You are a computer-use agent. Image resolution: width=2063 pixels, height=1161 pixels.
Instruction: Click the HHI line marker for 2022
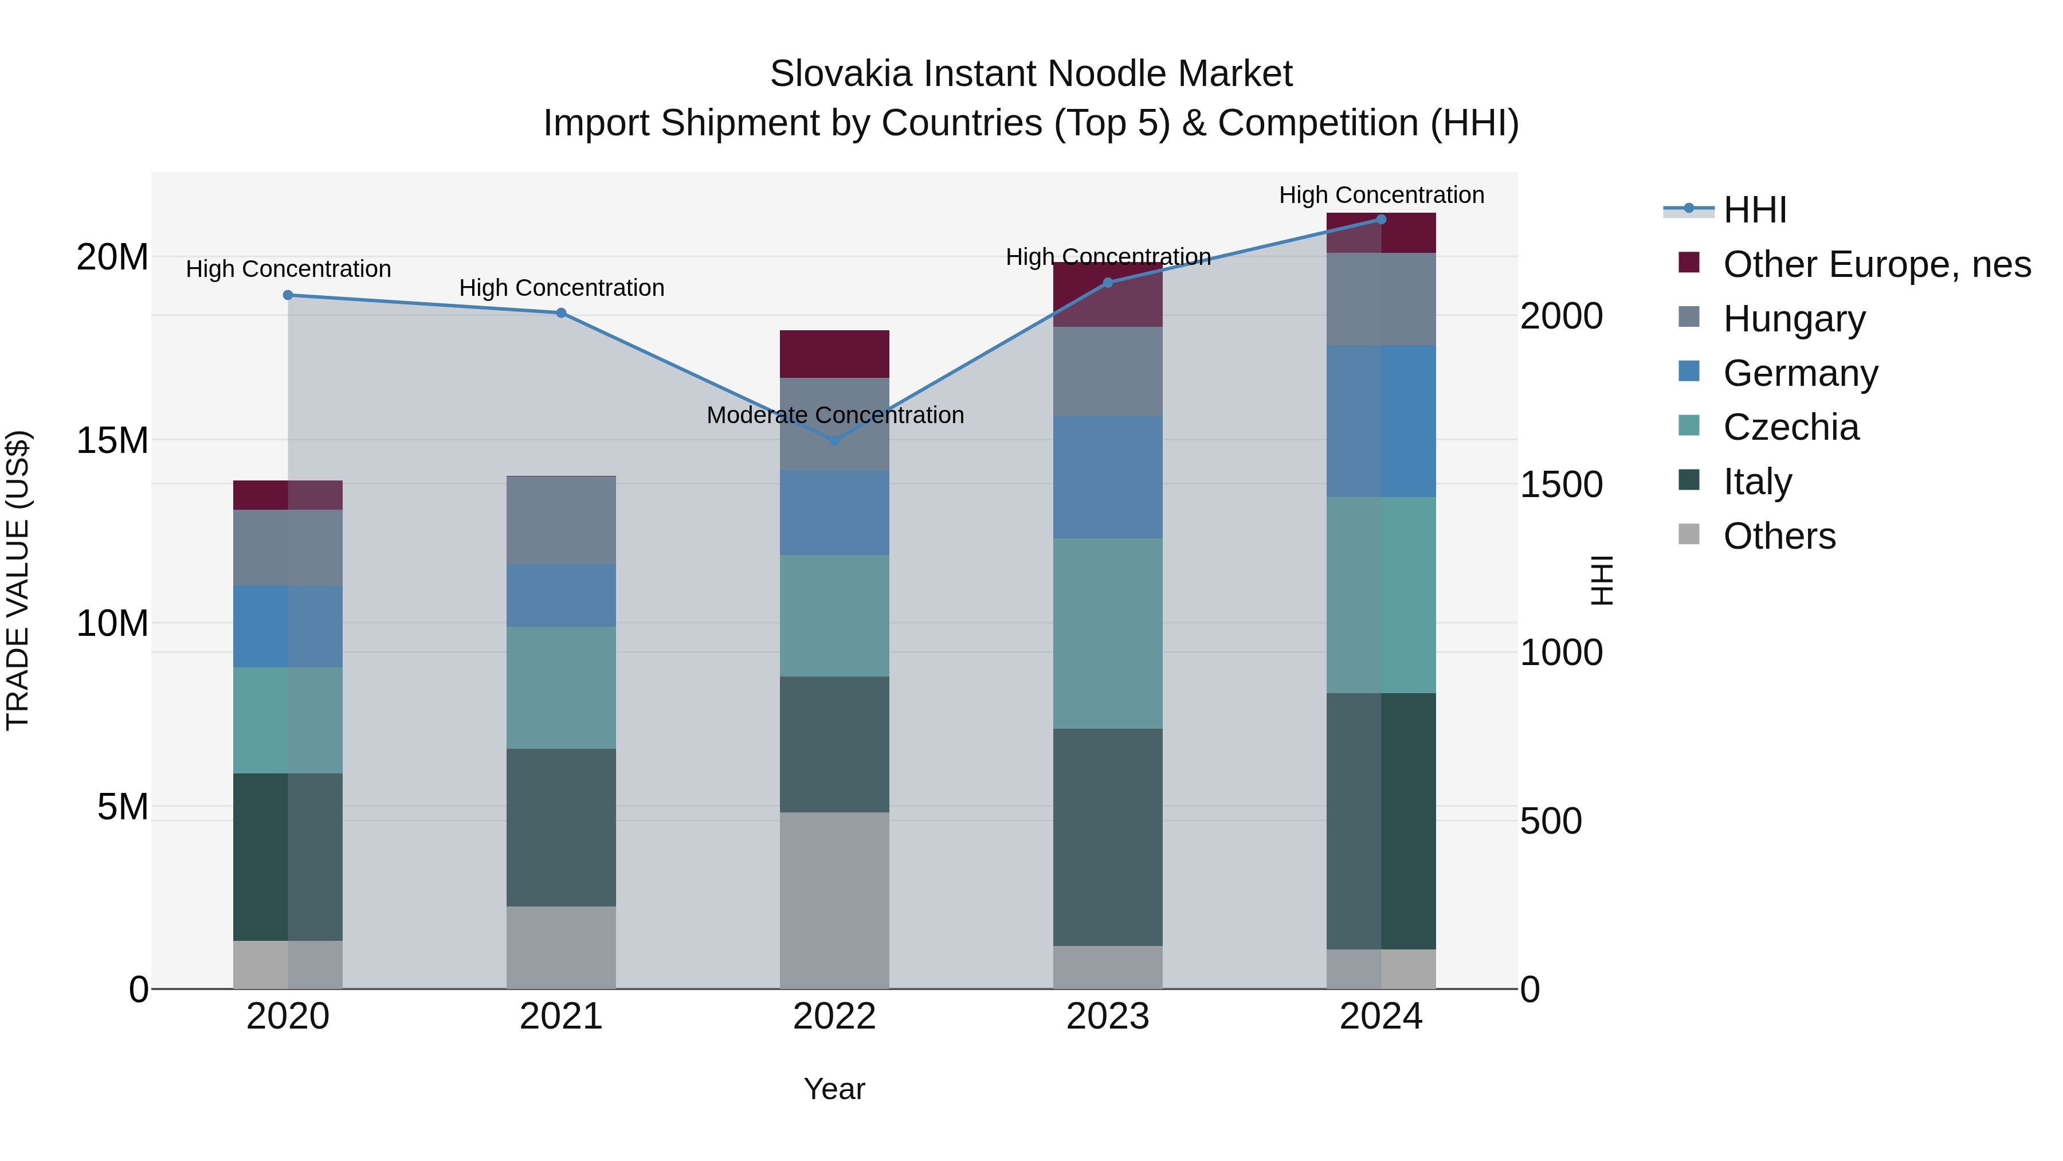pos(834,440)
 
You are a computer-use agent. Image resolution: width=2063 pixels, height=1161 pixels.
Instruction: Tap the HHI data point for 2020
pos(288,295)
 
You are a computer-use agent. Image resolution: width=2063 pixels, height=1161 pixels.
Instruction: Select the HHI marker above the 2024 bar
pos(1380,220)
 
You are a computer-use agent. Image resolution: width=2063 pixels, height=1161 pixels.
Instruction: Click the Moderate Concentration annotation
pos(834,415)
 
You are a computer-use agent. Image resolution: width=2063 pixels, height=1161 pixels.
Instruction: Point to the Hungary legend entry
pos(1794,318)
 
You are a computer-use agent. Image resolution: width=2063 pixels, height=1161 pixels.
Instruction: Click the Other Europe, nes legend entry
pos(1876,264)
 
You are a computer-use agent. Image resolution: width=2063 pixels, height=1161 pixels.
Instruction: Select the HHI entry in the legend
pos(1755,210)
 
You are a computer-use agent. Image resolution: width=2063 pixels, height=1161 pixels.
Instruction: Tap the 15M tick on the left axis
pos(112,440)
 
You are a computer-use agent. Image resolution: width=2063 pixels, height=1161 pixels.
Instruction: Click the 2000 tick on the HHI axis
pos(1561,316)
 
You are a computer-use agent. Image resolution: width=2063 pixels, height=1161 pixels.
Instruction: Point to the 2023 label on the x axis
pos(1108,1017)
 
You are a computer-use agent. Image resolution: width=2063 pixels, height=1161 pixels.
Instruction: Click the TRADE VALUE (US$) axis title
pos(18,580)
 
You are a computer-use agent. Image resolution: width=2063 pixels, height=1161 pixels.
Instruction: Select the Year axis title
pos(834,1089)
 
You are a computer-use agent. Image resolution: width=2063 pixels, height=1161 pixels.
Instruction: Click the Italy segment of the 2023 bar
pos(1108,836)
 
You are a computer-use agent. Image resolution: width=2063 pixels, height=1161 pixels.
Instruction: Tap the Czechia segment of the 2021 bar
pos(562,687)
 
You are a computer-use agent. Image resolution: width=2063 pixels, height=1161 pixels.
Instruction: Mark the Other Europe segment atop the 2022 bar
pos(834,353)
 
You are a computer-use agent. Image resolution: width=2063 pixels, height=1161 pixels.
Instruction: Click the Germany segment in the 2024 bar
pos(1380,421)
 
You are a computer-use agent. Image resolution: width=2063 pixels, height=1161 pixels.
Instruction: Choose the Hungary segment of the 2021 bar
pos(562,520)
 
